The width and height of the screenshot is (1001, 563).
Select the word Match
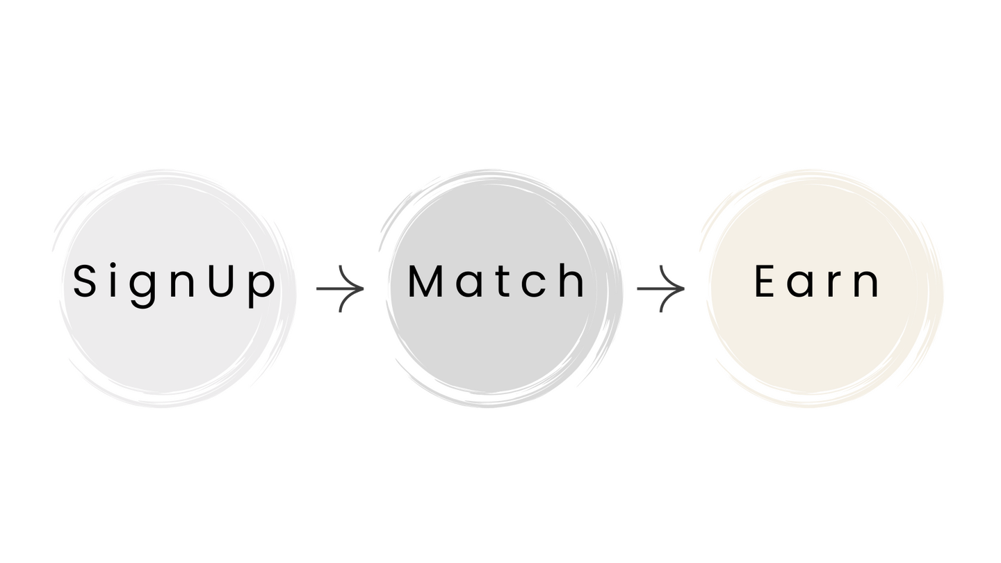(496, 281)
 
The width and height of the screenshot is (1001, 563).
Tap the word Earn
(817, 282)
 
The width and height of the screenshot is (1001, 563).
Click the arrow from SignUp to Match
(341, 288)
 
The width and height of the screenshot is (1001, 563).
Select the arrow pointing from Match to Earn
(661, 288)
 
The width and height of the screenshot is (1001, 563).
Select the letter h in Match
(572, 281)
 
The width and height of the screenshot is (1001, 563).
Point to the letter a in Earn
(801, 285)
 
